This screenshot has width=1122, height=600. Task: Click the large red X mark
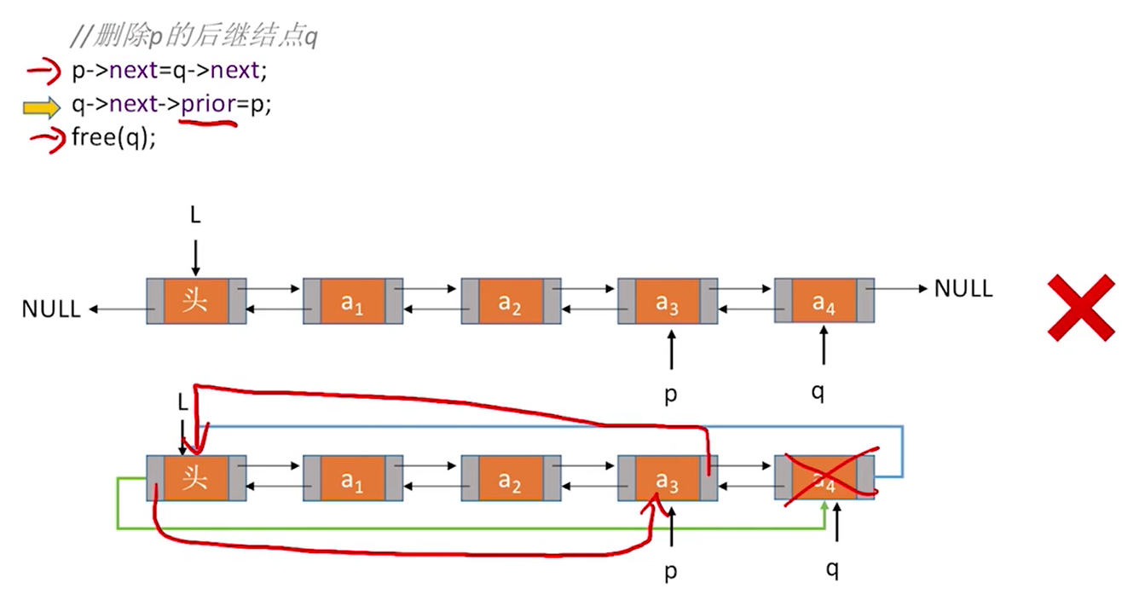[x=1082, y=308]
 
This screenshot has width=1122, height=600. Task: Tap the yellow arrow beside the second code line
[x=42, y=107]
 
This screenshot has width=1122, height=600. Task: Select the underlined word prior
[x=208, y=106]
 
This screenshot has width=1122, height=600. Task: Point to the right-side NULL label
[x=963, y=289]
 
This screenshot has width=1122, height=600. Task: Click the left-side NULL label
[x=51, y=309]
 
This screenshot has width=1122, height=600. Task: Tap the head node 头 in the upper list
[x=195, y=301]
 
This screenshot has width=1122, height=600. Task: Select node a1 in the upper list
[x=353, y=301]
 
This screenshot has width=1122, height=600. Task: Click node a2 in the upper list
[x=510, y=301]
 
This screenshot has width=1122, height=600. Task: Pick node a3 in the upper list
[x=668, y=301]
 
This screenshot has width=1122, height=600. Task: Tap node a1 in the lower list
[x=353, y=478]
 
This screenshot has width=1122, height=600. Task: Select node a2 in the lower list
[x=510, y=478]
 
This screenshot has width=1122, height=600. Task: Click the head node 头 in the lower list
[x=195, y=478]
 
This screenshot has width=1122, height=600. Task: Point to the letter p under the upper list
[x=671, y=395]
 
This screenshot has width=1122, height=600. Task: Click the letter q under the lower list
[x=833, y=569]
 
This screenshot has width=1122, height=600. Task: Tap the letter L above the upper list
[x=195, y=215]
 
